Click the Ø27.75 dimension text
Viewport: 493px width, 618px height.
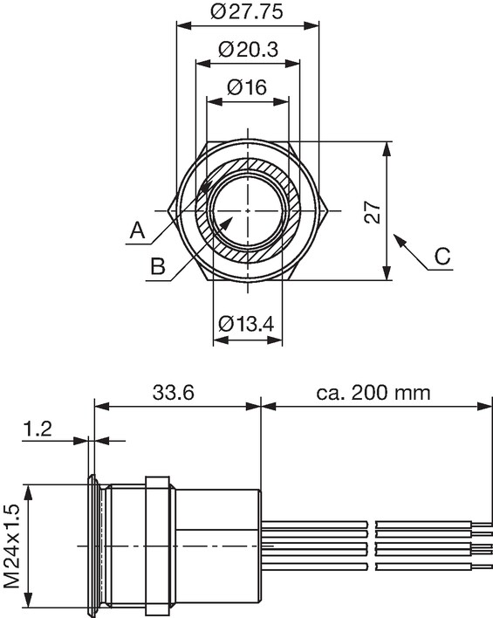click(x=247, y=11)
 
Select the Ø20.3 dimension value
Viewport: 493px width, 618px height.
click(x=249, y=49)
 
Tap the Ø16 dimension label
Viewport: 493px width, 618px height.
click(x=247, y=86)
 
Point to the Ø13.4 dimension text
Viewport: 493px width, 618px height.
click(x=246, y=324)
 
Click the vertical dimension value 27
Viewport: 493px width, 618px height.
click(x=373, y=212)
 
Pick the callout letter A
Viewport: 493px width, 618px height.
click(x=137, y=230)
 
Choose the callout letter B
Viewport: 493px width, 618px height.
click(x=158, y=266)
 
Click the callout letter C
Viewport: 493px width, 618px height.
click(x=442, y=256)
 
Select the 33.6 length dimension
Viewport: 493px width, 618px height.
click(x=174, y=393)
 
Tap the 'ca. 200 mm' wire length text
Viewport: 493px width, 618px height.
click(x=373, y=393)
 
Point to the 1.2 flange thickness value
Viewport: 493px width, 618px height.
click(x=38, y=429)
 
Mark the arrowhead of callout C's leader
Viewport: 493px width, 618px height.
click(x=399, y=239)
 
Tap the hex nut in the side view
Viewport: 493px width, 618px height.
click(x=159, y=546)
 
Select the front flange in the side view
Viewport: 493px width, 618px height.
click(x=92, y=546)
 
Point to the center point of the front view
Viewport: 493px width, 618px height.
click(x=248, y=211)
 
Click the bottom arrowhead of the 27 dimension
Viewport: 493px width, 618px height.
click(x=387, y=272)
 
